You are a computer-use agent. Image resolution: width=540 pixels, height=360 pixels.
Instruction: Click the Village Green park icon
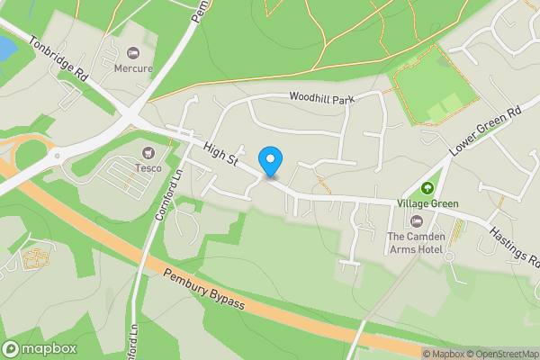coord(427,187)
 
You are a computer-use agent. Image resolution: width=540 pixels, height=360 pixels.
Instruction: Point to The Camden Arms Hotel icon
coord(415,221)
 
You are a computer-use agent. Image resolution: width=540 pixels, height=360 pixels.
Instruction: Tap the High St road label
coord(219,156)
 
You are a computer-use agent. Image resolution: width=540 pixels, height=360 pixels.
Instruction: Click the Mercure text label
coord(133,68)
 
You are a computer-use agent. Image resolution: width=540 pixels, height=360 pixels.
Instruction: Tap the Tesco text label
coord(148,168)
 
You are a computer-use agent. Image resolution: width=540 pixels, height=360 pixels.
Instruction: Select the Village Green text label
coord(427,203)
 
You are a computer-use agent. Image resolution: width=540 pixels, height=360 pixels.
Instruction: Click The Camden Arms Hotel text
coord(415,243)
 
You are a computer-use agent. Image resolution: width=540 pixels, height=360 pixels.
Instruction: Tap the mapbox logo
coord(40,349)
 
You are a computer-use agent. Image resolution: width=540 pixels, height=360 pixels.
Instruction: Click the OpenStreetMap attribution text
coord(502,354)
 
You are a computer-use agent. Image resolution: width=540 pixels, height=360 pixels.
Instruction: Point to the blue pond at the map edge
coord(6,48)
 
